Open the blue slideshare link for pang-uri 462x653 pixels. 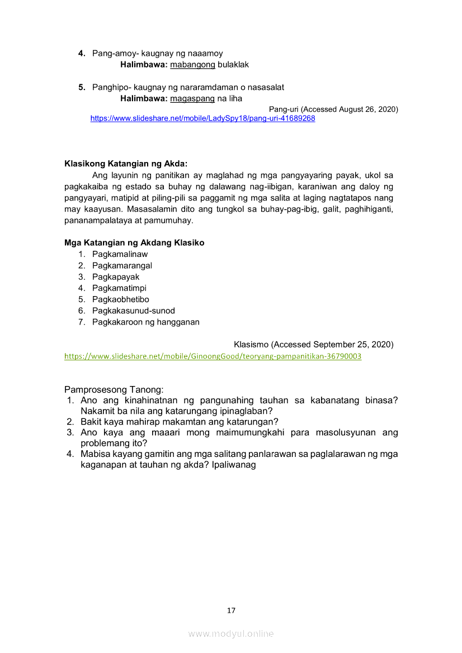202,118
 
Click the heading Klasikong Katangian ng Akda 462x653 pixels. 126,164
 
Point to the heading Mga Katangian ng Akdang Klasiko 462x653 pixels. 134,243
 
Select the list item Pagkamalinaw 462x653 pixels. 120,254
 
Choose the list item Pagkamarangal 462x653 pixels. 122,265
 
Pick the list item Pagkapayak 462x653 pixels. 116,277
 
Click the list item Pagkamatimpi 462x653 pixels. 119,288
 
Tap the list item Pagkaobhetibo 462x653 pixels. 121,299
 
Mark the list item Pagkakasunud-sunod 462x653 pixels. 134,311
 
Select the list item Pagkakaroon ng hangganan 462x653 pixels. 146,322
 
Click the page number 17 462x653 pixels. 231,611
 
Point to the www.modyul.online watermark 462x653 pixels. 231,633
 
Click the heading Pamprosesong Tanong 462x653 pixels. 114,389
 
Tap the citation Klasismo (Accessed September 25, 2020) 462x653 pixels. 313,344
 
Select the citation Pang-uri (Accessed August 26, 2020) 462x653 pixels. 333,109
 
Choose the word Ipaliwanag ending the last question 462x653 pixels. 234,464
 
